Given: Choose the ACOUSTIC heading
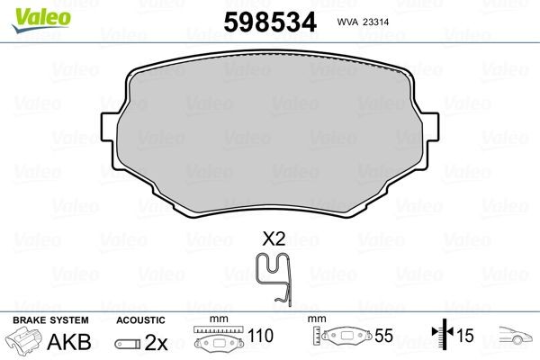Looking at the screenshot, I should (141, 320).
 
